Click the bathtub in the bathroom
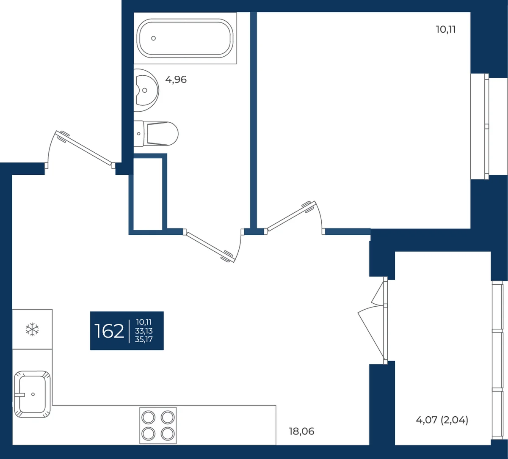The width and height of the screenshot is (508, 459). pyautogui.click(x=185, y=38)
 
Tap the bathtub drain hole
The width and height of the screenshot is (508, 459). pyautogui.click(x=153, y=38)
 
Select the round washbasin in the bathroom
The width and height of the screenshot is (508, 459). pyautogui.click(x=146, y=90)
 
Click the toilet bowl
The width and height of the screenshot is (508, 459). pyautogui.click(x=156, y=134)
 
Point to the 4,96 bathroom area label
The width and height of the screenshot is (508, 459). pyautogui.click(x=176, y=80)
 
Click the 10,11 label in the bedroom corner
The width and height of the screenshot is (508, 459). pyautogui.click(x=445, y=29)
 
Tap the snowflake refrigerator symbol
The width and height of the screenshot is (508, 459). pyautogui.click(x=32, y=330)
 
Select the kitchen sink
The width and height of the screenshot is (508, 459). pyautogui.click(x=32, y=394)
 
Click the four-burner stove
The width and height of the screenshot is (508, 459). pyautogui.click(x=158, y=425)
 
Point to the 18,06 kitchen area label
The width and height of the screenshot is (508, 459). pyautogui.click(x=301, y=431)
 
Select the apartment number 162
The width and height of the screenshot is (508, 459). pyautogui.click(x=109, y=331)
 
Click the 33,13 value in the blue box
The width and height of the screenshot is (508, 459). pyautogui.click(x=144, y=331)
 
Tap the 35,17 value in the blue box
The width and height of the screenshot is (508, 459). pyautogui.click(x=144, y=339)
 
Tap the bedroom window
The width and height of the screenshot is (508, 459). pyautogui.click(x=486, y=126)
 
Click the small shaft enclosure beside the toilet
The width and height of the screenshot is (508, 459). pyautogui.click(x=148, y=194)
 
